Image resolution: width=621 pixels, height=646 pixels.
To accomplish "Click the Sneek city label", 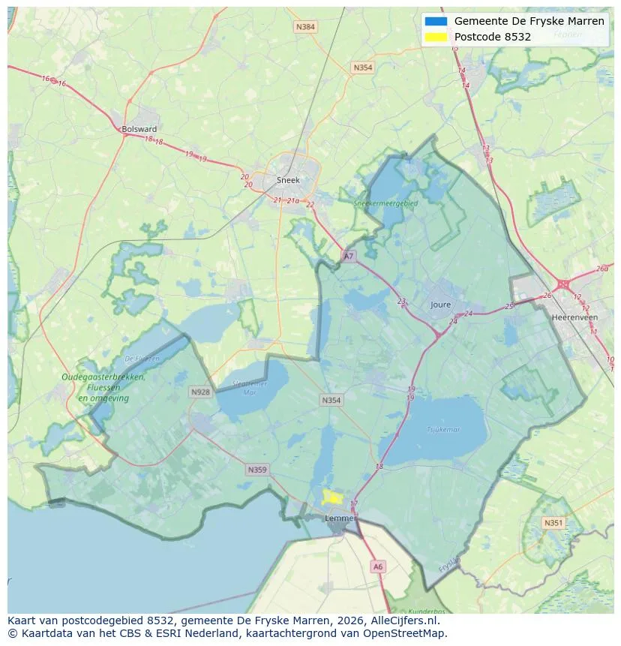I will click(288, 180).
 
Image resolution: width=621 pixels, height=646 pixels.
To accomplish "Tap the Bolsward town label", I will click(139, 129).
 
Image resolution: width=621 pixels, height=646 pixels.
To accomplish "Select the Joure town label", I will click(441, 305).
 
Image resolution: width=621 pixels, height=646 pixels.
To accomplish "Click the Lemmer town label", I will click(340, 518).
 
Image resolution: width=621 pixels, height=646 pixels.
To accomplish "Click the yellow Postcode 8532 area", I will click(331, 497).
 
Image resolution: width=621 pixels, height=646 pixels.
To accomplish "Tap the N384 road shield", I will click(305, 27).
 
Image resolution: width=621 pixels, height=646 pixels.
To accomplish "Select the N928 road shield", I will click(200, 392).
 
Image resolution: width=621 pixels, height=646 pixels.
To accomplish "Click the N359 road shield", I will click(256, 470).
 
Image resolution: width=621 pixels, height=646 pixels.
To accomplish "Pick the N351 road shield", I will click(553, 523).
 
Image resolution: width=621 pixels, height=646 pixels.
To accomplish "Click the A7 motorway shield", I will click(348, 256).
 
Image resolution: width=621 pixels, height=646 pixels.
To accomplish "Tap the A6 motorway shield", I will click(378, 567).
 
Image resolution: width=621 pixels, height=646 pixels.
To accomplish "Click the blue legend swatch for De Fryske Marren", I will click(436, 21).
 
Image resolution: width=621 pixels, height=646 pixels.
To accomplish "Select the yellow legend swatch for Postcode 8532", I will click(436, 37).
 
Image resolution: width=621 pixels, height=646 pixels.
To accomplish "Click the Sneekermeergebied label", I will click(387, 203).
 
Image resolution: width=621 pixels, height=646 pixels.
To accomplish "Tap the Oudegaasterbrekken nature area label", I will click(103, 377).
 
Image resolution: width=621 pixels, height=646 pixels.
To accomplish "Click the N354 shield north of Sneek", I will click(362, 68).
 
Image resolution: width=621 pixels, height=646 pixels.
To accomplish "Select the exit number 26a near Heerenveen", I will click(602, 269).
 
